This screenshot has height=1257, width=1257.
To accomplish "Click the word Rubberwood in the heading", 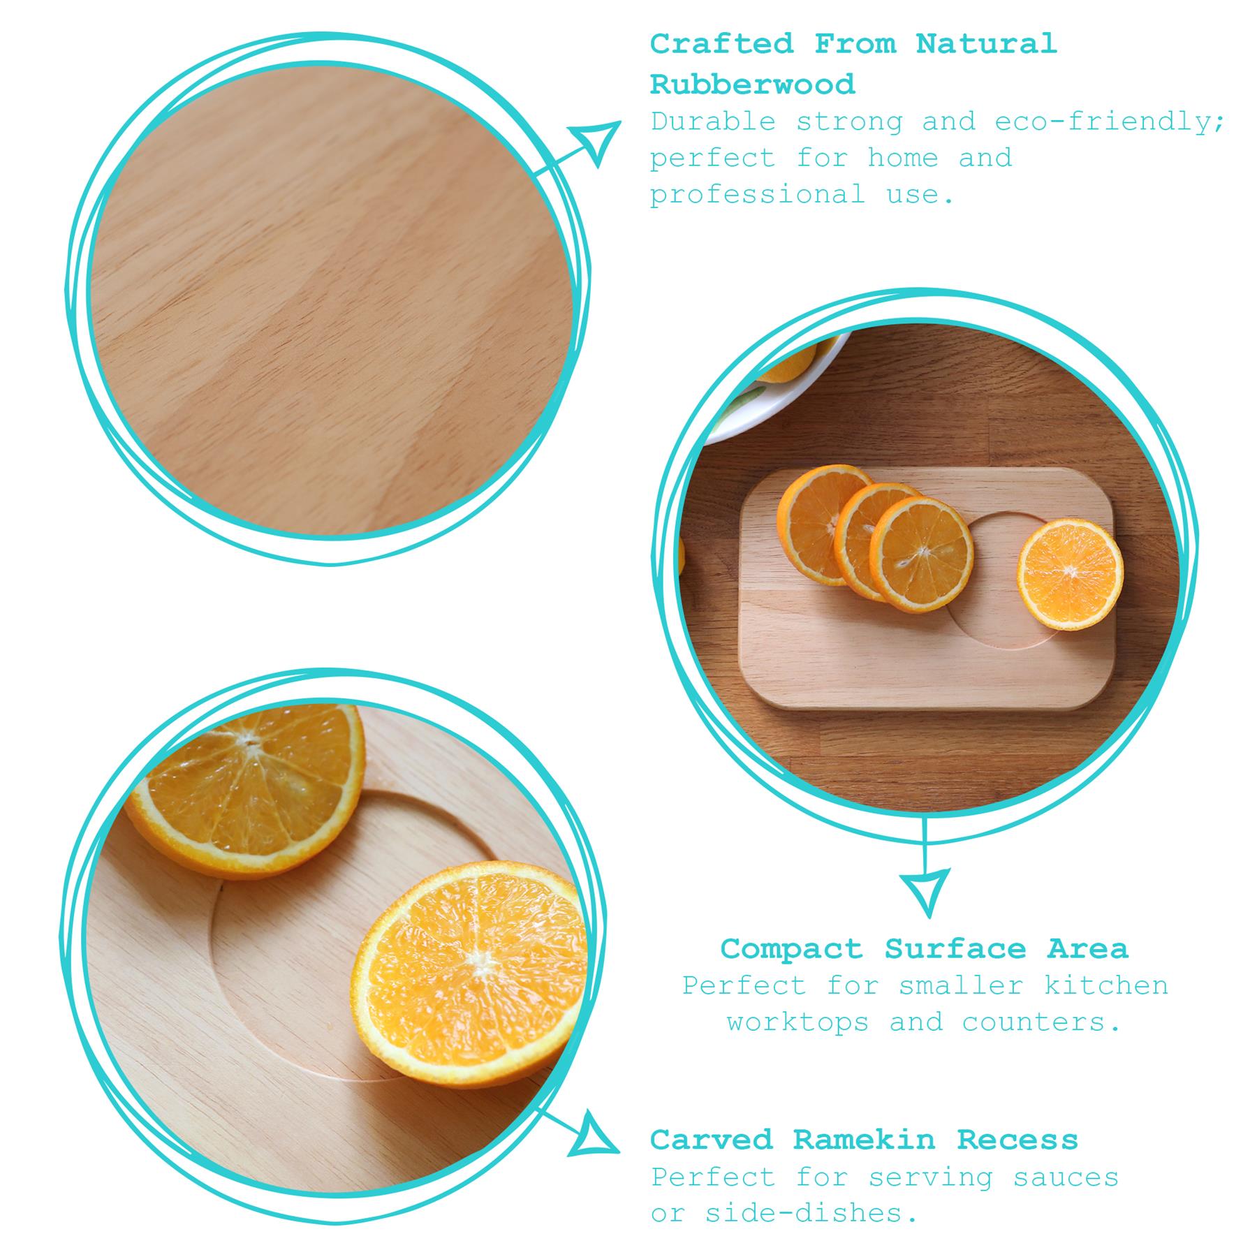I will coord(752,85).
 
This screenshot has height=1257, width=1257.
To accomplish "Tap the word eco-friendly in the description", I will coord(1110,122).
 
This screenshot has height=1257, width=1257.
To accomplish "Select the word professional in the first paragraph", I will coord(758,195).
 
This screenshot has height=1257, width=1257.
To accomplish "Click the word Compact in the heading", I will coord(792,949).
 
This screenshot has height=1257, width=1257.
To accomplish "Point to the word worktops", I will coord(797,1022).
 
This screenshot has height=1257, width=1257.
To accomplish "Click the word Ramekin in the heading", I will coord(864,1140).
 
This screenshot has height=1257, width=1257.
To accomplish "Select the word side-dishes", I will coord(811,1214).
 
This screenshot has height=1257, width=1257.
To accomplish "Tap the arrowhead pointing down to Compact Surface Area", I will coord(926,890).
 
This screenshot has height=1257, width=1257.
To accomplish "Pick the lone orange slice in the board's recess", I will coord(1069,575).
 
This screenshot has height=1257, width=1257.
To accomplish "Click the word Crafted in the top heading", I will coord(721,45).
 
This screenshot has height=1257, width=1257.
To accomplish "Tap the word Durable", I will coord(713,122).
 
